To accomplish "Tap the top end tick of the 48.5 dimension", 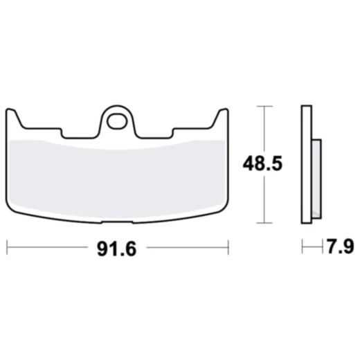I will click(263, 106).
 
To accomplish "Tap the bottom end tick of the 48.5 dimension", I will click(263, 223).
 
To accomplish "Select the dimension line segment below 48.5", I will click(263, 201).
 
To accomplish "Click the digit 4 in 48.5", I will click(246, 165).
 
